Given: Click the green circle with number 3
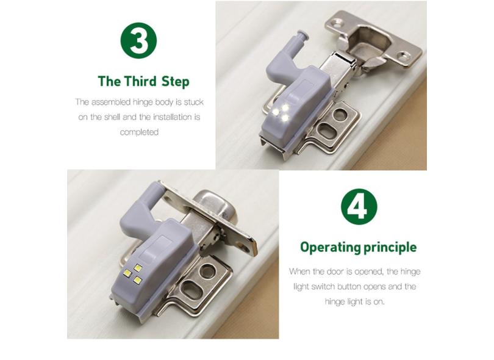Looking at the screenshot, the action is (138, 40).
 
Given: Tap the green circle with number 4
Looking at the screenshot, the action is (359, 206).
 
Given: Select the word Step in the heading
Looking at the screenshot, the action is (175, 82).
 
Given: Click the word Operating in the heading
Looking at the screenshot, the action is (331, 247).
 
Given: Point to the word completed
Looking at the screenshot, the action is (139, 132).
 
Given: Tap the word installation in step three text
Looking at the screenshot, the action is (173, 117).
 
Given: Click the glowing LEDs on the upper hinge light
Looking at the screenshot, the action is (281, 112).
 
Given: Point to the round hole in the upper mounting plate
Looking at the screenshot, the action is (339, 115).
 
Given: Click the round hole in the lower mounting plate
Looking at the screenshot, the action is (207, 271).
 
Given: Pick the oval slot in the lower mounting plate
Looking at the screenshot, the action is (192, 287).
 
